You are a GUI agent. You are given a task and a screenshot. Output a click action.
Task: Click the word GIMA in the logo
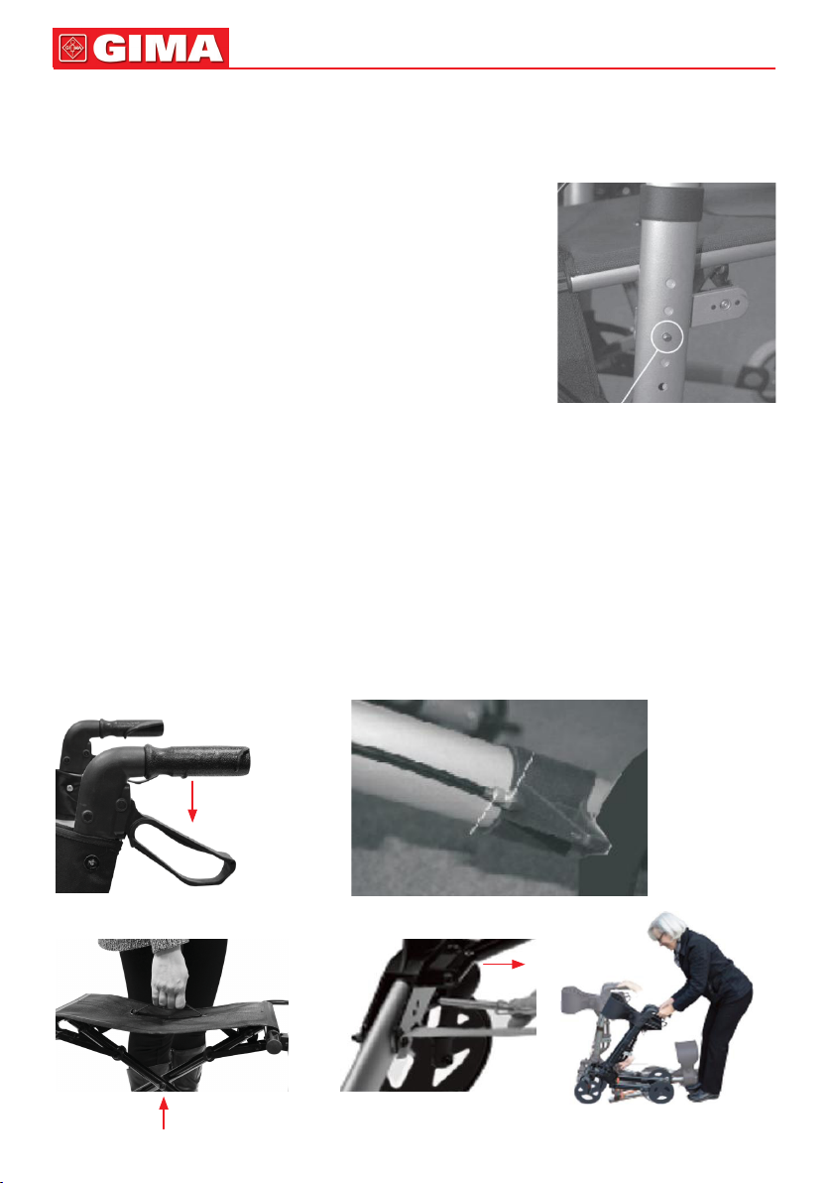point(159,49)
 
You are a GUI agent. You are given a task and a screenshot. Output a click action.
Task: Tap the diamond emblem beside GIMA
point(72,49)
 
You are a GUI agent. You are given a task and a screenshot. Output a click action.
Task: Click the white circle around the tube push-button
point(667,336)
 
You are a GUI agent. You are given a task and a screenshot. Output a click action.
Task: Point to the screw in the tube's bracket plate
point(724,305)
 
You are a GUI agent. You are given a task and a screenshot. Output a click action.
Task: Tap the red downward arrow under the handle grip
point(193,801)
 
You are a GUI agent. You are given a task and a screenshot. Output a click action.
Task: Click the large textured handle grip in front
point(197,760)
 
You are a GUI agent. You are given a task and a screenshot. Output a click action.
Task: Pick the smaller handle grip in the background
point(134,728)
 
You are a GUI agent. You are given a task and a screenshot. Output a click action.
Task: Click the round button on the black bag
point(92,860)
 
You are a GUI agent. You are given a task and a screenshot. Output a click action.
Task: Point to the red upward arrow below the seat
point(164,1113)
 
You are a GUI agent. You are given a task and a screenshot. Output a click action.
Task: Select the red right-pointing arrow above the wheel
point(503,964)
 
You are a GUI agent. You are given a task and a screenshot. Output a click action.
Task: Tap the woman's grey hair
point(666,927)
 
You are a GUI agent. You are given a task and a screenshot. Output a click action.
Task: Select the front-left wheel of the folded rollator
point(584,1091)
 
